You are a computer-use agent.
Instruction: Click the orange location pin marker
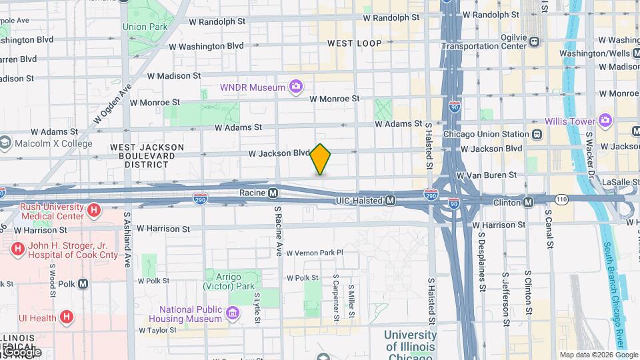tap(321, 159)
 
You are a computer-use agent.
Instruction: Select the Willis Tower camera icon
tap(605, 121)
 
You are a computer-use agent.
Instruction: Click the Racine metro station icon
tap(273, 193)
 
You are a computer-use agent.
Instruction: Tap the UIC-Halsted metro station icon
tap(391, 200)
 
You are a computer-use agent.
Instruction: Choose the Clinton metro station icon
tap(528, 201)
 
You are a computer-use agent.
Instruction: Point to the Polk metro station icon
tap(83, 283)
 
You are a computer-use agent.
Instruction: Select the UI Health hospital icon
tap(67, 317)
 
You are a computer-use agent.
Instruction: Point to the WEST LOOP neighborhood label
tap(355, 43)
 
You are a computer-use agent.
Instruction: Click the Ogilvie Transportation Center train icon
tap(534, 42)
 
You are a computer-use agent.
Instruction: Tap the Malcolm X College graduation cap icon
tap(5, 143)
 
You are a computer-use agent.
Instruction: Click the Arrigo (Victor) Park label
tap(230, 281)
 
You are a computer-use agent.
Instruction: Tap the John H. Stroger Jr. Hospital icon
tap(17, 249)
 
